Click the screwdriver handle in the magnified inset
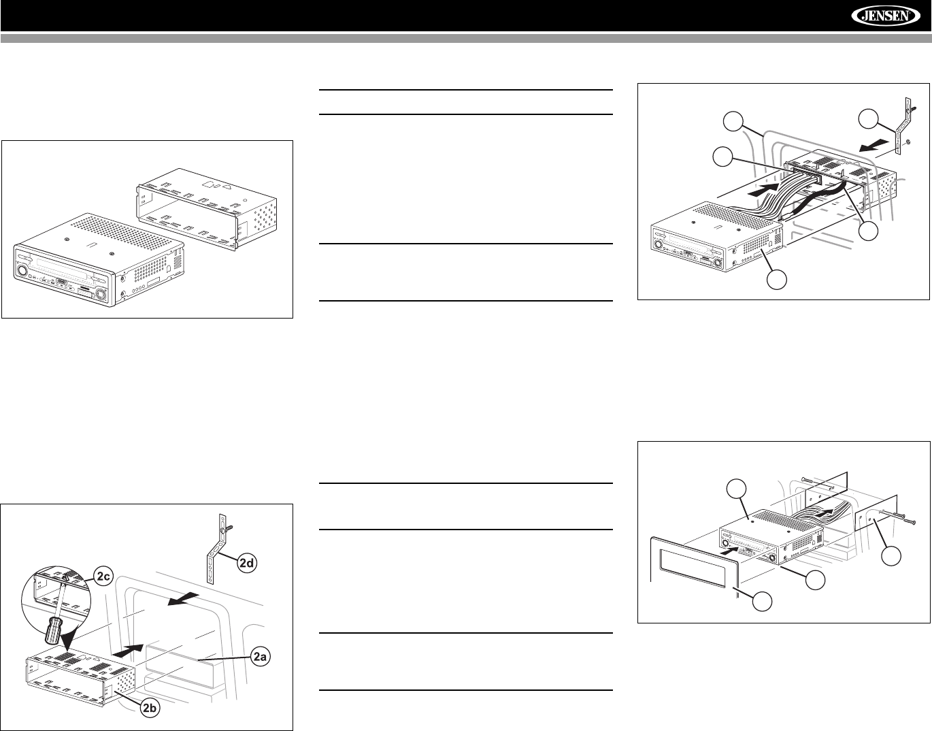(x=52, y=628)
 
